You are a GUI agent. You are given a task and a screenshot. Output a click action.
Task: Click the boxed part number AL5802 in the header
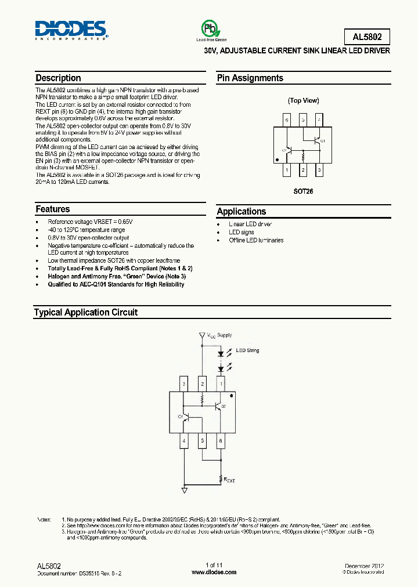(367, 37)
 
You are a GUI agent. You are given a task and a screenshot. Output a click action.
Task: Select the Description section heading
(58, 78)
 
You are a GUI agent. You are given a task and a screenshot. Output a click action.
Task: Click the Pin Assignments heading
(250, 78)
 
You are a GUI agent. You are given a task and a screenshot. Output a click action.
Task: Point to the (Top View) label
(304, 100)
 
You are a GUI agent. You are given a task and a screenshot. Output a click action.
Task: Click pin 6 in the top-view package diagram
(286, 120)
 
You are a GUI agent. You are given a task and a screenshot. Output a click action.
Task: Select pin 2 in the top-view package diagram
(303, 170)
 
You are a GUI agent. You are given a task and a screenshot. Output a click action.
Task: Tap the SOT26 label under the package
(303, 191)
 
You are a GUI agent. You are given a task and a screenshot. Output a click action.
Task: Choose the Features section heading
(52, 209)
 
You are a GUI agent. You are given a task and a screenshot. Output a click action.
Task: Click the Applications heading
(242, 212)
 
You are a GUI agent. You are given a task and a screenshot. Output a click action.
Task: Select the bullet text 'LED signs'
(242, 232)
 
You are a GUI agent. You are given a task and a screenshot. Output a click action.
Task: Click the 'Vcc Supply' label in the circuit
(220, 335)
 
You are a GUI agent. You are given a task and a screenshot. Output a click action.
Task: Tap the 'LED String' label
(247, 350)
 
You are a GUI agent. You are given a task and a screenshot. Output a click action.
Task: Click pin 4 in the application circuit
(184, 441)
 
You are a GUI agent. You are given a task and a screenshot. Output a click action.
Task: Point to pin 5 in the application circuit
(202, 441)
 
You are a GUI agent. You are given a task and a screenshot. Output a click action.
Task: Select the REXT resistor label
(229, 480)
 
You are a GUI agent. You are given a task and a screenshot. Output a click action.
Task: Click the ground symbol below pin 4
(185, 491)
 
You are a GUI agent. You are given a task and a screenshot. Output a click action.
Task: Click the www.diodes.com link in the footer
(214, 572)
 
